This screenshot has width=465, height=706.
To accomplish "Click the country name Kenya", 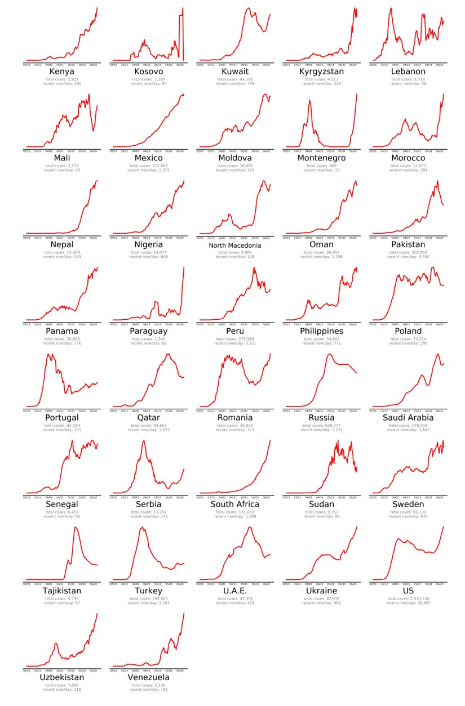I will pos(62,72).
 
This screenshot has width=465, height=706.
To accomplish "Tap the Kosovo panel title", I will pos(149,72).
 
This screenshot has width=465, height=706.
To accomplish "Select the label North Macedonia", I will pos(235,245).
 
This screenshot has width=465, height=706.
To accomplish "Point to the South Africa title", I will pos(235,504).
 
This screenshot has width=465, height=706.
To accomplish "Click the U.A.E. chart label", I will pos(235,591).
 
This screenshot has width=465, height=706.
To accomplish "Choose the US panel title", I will pos(409,591).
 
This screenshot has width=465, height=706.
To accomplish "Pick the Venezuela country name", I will pos(149,677).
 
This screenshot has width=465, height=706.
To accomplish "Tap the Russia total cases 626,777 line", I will pos(322,425).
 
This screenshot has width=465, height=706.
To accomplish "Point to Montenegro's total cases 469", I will pos(322,166).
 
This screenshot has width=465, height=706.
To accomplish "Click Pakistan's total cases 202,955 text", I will pos(409,252).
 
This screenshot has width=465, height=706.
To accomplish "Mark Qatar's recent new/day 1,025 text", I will pos(149,429).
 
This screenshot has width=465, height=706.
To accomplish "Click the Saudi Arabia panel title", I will pos(409,418).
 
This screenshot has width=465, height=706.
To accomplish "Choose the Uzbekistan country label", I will pos(62,677).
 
